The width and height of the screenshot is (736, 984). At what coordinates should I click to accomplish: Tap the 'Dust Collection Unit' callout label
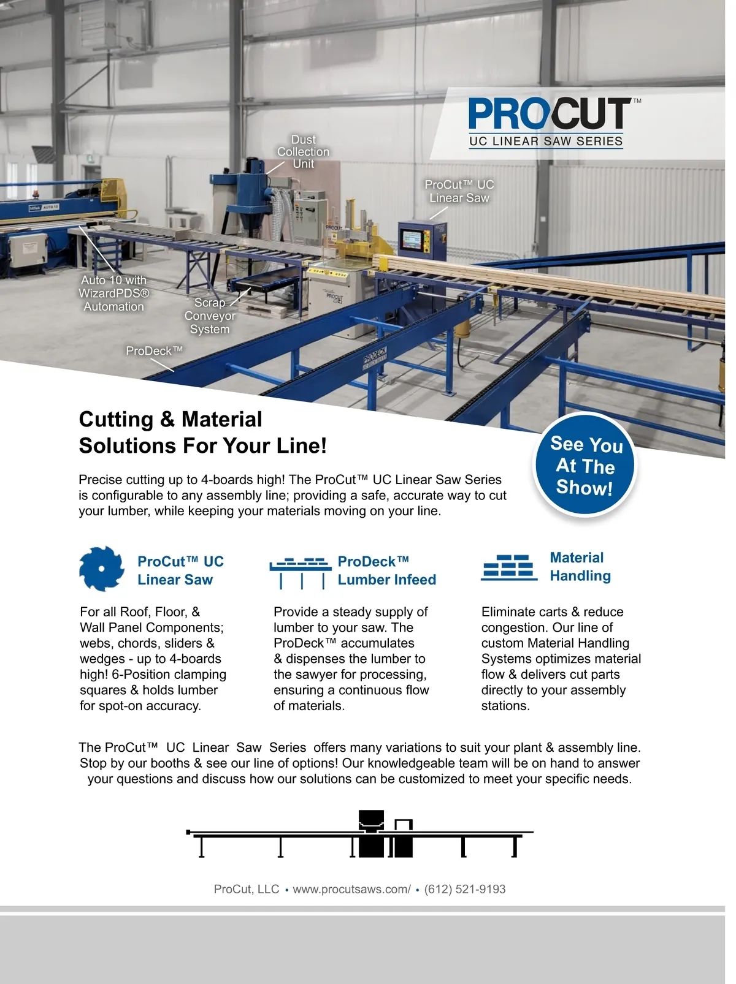point(303,152)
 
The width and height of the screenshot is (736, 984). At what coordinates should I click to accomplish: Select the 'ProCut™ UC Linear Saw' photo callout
point(459,191)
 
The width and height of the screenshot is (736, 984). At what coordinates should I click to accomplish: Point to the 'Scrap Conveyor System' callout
point(210,316)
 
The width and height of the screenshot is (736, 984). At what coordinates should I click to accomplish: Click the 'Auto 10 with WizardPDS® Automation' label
point(114,293)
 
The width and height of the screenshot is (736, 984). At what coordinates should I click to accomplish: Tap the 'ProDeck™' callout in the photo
point(154,351)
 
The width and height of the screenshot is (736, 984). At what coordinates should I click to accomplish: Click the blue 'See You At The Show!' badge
point(585,466)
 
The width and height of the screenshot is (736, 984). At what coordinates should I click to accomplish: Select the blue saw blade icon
point(101,569)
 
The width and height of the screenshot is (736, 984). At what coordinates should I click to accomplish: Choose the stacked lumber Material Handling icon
point(508,567)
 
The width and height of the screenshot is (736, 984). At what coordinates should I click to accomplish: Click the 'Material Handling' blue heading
point(580,567)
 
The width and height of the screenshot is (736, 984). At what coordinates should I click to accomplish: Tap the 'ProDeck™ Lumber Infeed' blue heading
point(386,570)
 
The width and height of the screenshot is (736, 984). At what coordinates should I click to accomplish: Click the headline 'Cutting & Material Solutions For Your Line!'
point(202,433)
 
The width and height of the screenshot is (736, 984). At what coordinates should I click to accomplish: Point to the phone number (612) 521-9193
point(464,889)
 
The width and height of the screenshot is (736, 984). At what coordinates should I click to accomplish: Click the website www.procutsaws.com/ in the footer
point(351,889)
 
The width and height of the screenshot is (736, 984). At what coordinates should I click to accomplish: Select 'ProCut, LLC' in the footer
point(246,889)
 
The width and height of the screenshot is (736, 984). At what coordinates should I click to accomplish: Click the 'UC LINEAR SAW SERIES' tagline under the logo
point(546,142)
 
